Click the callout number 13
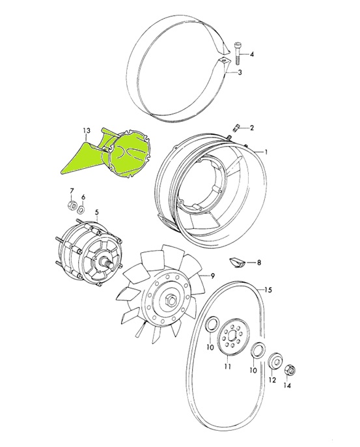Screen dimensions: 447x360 tap(86, 131)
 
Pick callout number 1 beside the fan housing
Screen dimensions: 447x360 tap(266, 152)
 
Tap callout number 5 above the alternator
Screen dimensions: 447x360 tap(96, 212)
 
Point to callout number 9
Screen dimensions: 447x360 tap(211, 276)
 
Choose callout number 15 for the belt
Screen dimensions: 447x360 tap(267, 289)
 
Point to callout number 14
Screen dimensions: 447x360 tap(287, 385)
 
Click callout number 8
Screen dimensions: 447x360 tap(259, 263)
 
